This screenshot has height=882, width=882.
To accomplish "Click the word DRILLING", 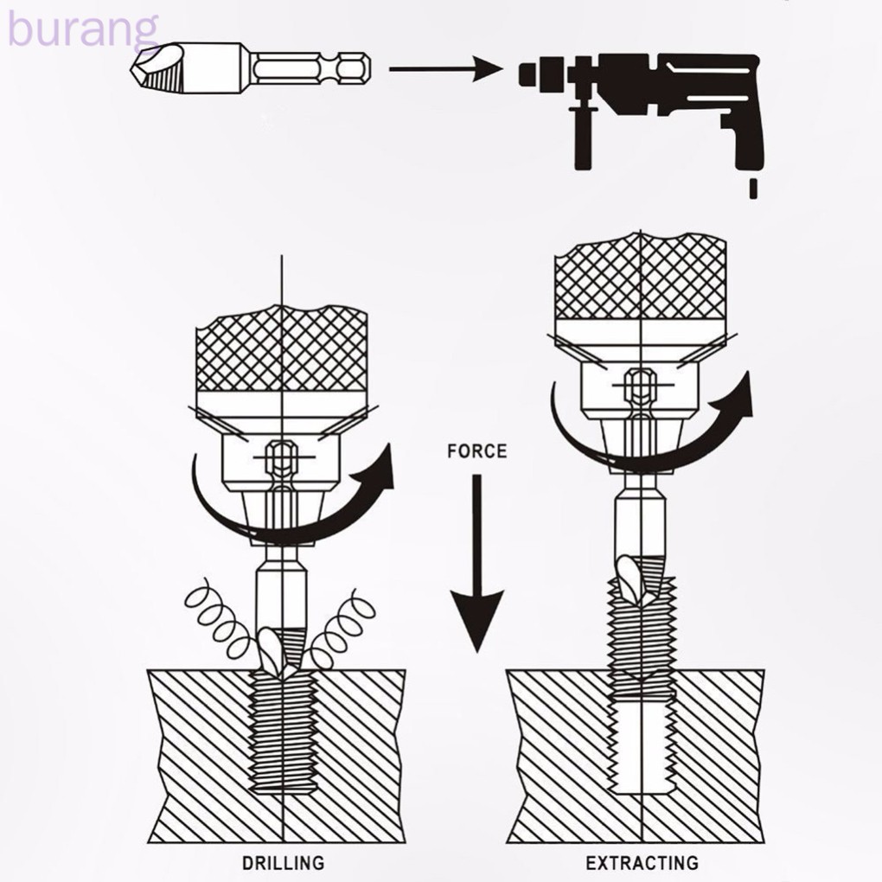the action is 283,861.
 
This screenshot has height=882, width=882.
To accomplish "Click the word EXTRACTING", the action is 641,861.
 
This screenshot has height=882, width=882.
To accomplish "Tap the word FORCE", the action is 476,451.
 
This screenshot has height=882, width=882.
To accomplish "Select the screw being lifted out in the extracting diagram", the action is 640,640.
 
